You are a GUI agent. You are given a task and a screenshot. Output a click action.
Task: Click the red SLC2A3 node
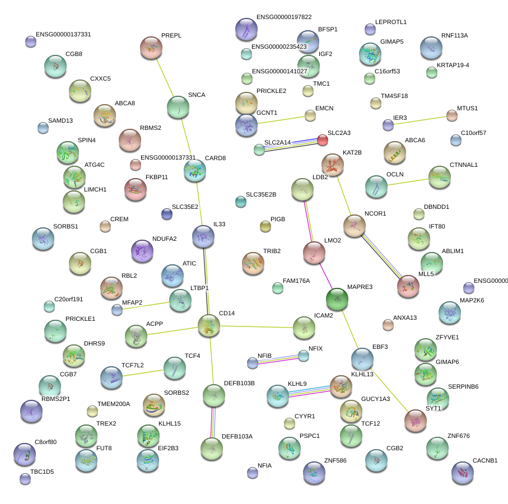[x=323, y=140]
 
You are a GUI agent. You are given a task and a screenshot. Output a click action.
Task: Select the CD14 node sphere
[x=209, y=325]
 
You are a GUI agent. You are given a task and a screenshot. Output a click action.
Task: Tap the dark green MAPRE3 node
[x=337, y=298]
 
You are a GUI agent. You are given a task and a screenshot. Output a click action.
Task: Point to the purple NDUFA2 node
[x=142, y=251]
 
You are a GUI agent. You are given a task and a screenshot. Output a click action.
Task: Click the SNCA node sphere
[x=178, y=107]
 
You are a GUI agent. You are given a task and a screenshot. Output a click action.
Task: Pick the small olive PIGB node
[x=265, y=226]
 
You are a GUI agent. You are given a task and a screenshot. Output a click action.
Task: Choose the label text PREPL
[x=171, y=35]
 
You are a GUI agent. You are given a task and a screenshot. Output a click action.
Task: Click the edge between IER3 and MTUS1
[x=420, y=120]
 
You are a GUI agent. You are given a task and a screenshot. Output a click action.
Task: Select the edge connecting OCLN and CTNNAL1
[x=407, y=182]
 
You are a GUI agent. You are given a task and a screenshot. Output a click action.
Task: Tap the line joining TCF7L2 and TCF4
[x=143, y=372]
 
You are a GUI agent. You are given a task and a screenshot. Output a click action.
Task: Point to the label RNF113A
[x=454, y=35]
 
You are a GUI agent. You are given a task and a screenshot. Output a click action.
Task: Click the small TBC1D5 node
[x=25, y=479]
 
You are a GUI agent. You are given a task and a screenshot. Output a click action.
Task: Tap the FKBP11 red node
[x=135, y=189]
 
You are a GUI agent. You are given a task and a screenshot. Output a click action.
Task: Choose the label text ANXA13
[x=405, y=318]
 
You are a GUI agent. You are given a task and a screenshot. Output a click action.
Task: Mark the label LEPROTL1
[x=390, y=22]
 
